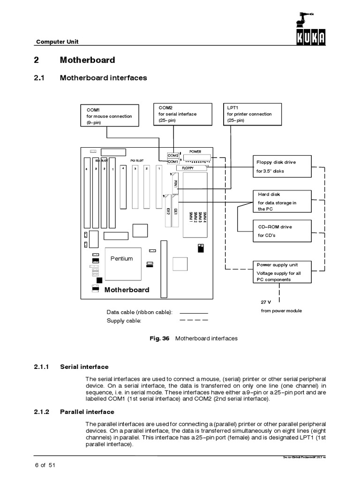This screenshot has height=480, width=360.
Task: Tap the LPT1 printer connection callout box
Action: tap(254, 114)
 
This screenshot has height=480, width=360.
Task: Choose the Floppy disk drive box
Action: tap(282, 166)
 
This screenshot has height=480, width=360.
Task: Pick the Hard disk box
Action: tap(282, 201)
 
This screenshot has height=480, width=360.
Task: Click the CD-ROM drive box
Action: tap(282, 231)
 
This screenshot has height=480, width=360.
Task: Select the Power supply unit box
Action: tap(282, 272)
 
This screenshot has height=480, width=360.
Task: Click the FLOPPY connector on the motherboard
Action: tap(190, 167)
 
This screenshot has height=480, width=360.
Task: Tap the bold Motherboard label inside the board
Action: tap(127, 290)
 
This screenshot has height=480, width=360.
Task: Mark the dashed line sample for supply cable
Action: tap(193, 321)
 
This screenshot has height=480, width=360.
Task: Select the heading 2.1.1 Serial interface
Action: tap(84, 367)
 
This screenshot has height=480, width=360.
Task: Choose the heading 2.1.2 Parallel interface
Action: tap(87, 412)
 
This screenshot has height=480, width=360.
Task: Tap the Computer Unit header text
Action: tap(58, 42)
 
